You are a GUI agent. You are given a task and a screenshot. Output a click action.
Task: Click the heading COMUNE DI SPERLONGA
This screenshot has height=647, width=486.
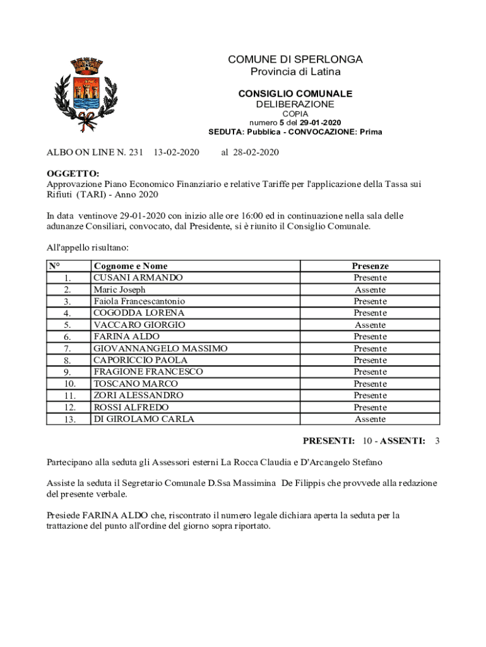point(295,59)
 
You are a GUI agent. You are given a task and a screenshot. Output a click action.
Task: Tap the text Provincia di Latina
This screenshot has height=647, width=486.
point(295,72)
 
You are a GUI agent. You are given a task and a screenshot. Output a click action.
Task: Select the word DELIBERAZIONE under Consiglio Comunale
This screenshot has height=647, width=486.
point(295,104)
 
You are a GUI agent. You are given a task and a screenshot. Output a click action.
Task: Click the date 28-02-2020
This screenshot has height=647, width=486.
point(255,152)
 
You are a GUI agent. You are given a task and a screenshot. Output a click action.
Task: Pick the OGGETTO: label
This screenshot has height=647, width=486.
point(73,174)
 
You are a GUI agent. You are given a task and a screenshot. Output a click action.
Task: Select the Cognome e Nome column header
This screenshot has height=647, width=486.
point(131,266)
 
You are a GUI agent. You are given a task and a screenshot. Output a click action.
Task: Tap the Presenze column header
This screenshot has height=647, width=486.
point(370,266)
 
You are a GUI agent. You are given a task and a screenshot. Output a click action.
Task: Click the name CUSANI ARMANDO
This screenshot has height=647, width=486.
point(138,277)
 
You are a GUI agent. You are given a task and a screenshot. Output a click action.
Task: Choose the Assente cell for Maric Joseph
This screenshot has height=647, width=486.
point(370,289)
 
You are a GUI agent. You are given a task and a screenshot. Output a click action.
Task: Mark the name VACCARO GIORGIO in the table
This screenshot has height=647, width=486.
point(139,325)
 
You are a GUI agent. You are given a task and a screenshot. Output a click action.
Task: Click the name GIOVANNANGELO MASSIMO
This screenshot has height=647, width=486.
point(160,348)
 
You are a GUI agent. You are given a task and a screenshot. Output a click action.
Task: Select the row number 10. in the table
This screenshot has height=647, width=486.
point(69,384)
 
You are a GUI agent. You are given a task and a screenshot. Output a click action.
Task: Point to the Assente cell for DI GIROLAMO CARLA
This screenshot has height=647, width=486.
point(370,419)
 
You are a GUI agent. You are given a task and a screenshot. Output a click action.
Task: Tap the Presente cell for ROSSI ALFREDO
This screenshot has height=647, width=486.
point(370,408)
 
